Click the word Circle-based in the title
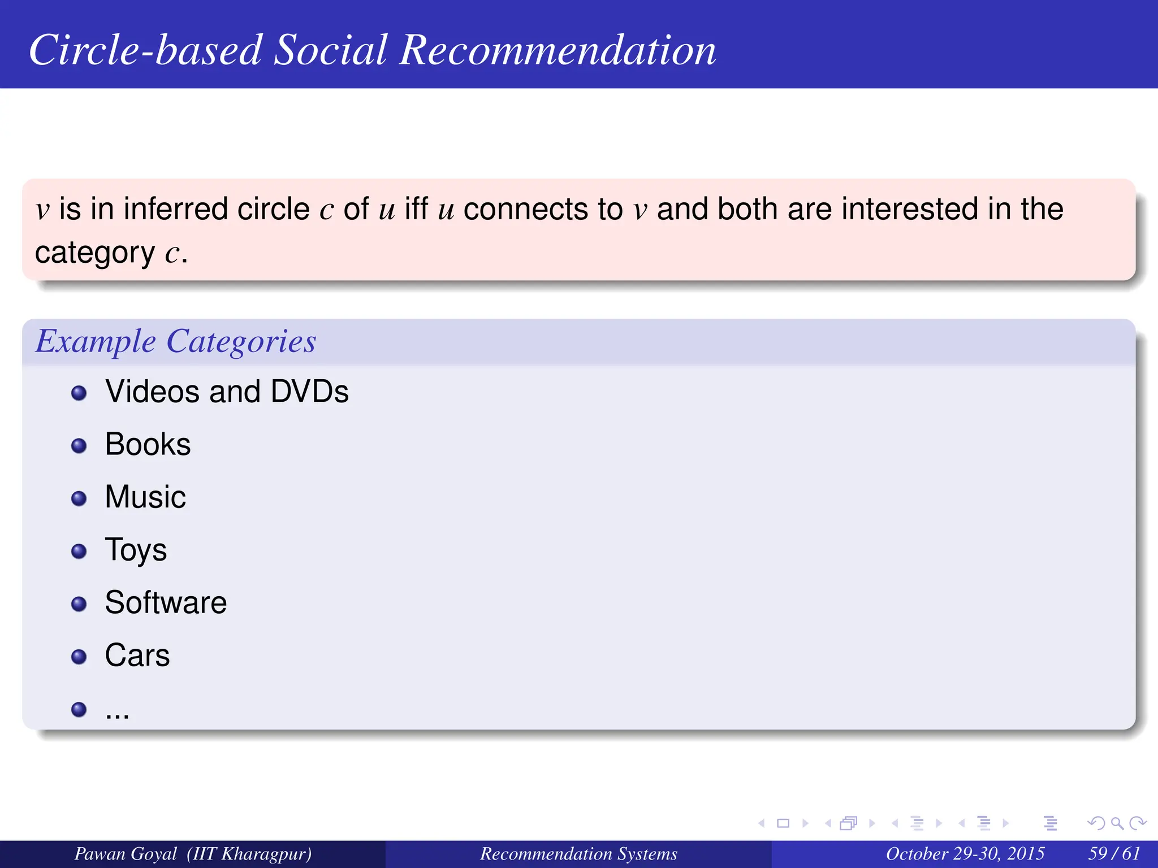[x=145, y=50]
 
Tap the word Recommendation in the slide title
[x=558, y=50]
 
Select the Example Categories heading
[x=176, y=341]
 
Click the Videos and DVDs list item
[x=227, y=392]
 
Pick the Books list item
[x=148, y=444]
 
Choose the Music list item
[x=145, y=497]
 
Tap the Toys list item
[x=136, y=550]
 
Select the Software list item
[x=166, y=602]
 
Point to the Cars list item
[x=137, y=656]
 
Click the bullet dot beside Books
[x=79, y=446]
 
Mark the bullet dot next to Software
[x=79, y=604]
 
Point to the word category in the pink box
[x=94, y=253]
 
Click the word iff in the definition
[x=416, y=209]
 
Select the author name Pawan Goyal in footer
[x=126, y=854]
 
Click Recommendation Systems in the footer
[x=578, y=854]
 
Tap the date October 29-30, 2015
[x=965, y=854]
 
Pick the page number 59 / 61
[x=1114, y=854]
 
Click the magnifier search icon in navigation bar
[x=1117, y=823]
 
